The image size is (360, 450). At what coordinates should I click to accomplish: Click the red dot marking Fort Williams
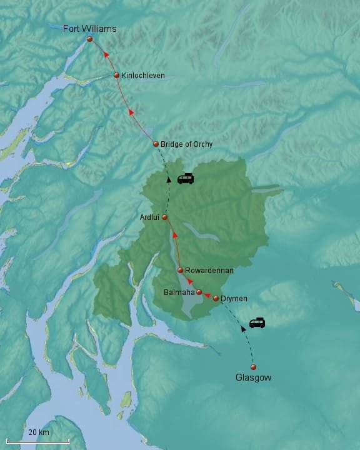pos(89,39)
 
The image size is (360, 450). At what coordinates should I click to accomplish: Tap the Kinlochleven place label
pos(144,75)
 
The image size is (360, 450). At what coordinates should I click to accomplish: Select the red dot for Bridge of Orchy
pos(156,144)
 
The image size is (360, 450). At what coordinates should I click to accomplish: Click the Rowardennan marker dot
pos(180,271)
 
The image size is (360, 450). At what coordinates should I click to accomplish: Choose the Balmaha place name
pos(179,292)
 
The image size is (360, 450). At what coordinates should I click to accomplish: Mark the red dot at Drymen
pos(216,299)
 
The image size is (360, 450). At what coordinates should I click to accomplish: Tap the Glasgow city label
pos(253,377)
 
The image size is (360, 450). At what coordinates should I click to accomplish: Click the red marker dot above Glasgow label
pos(253,367)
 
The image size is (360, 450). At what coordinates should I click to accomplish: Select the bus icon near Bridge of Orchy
pos(186,179)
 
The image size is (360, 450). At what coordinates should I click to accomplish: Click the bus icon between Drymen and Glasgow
pos(257,323)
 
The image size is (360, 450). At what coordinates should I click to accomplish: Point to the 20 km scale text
pos(39,432)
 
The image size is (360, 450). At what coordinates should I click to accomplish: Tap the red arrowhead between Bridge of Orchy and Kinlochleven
pos(131,112)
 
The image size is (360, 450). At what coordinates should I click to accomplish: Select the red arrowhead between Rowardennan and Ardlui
pos(174,235)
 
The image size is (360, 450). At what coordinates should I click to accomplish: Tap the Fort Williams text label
pos(90,28)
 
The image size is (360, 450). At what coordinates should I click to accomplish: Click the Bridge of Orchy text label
pos(186,144)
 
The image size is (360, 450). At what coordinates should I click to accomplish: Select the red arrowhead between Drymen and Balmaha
pos(207,296)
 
